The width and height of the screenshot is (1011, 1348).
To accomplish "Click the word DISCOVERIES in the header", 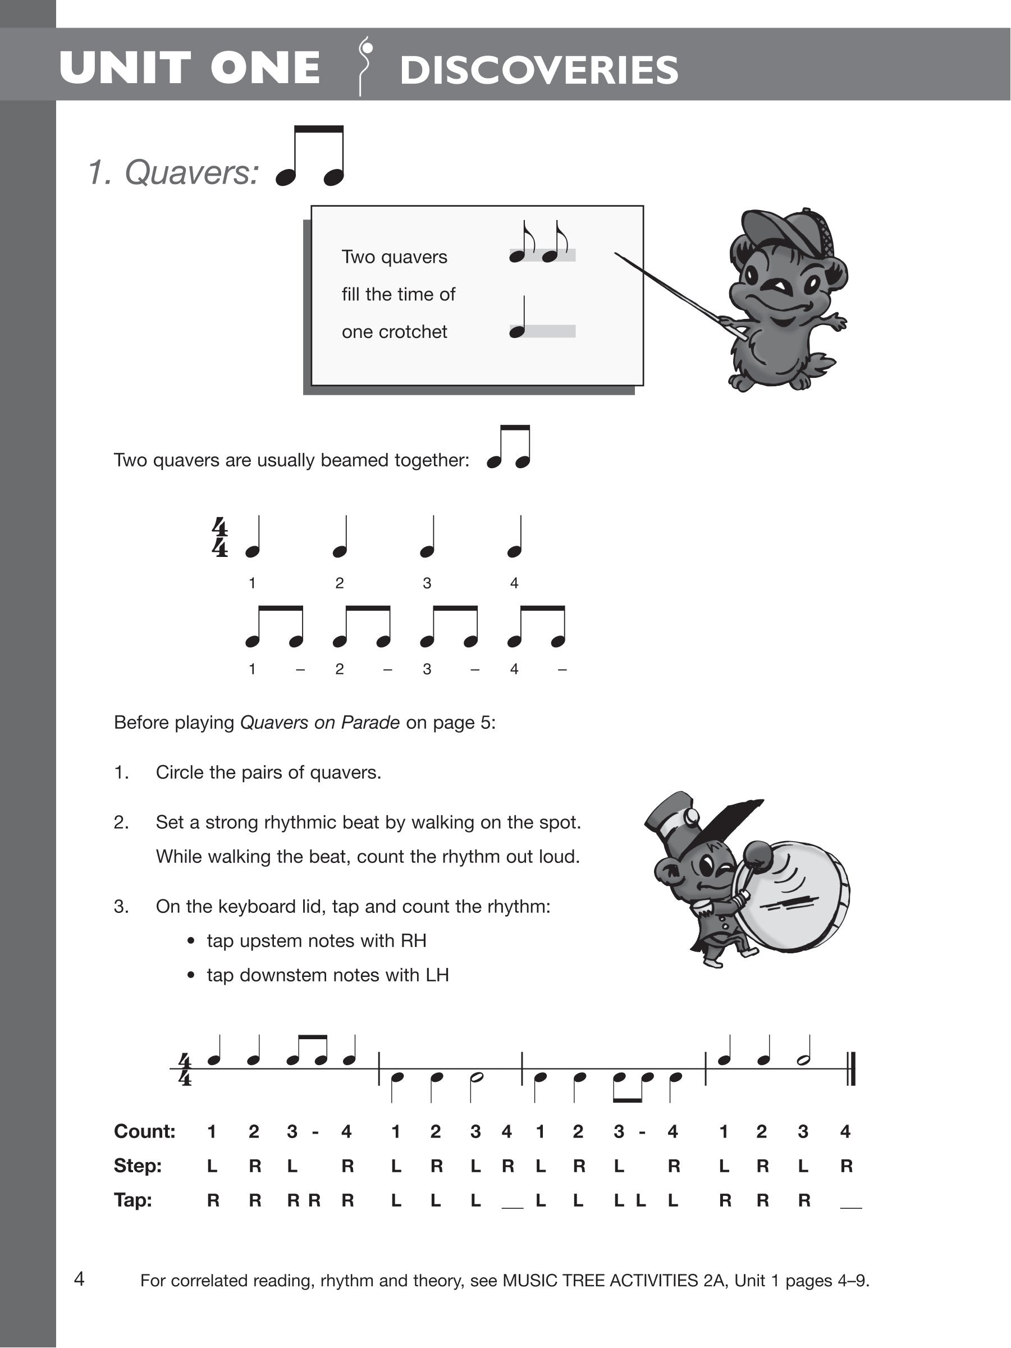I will point(539,70).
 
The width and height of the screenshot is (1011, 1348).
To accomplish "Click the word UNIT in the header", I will point(125,67).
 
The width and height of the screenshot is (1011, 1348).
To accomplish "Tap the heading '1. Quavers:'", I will point(173,172).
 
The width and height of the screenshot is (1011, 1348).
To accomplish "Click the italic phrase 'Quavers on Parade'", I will point(320,723).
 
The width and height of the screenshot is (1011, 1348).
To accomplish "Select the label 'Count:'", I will point(144,1132).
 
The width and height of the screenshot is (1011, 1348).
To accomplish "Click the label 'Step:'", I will point(138,1166).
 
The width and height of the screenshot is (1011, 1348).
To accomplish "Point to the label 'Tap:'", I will point(133,1200).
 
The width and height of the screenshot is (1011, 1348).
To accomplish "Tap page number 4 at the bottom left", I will point(79,1278).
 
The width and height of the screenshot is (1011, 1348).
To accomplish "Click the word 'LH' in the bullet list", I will point(437,975).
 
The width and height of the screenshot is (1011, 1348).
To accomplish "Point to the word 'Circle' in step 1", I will point(180,773).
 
